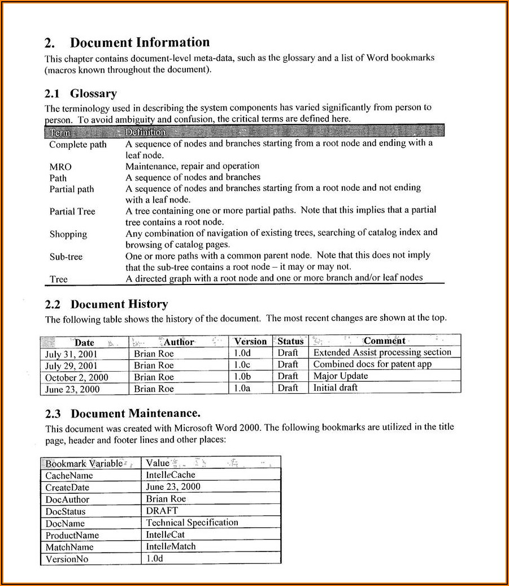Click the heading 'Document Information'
pyautogui.click(x=140, y=42)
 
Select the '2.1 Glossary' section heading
pyautogui.click(x=81, y=93)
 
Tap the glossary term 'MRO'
pyautogui.click(x=60, y=167)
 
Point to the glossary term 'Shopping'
pyautogui.click(x=68, y=234)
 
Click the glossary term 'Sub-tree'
pyautogui.click(x=66, y=257)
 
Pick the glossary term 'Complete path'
pyautogui.click(x=77, y=144)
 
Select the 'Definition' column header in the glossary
pyautogui.click(x=145, y=132)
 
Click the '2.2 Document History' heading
pyautogui.click(x=106, y=304)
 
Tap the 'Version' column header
pyautogui.click(x=250, y=341)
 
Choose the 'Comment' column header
pyautogui.click(x=384, y=341)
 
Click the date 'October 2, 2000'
pyautogui.click(x=76, y=377)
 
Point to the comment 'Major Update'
pyautogui.click(x=340, y=376)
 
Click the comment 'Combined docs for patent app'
pyautogui.click(x=372, y=364)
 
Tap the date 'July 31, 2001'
pyautogui.click(x=71, y=354)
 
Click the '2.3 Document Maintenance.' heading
pyautogui.click(x=123, y=413)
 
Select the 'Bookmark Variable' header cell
pyautogui.click(x=84, y=463)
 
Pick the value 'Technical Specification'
pyautogui.click(x=192, y=523)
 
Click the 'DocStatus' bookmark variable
pyautogui.click(x=66, y=511)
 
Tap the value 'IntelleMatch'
pyautogui.click(x=171, y=546)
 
